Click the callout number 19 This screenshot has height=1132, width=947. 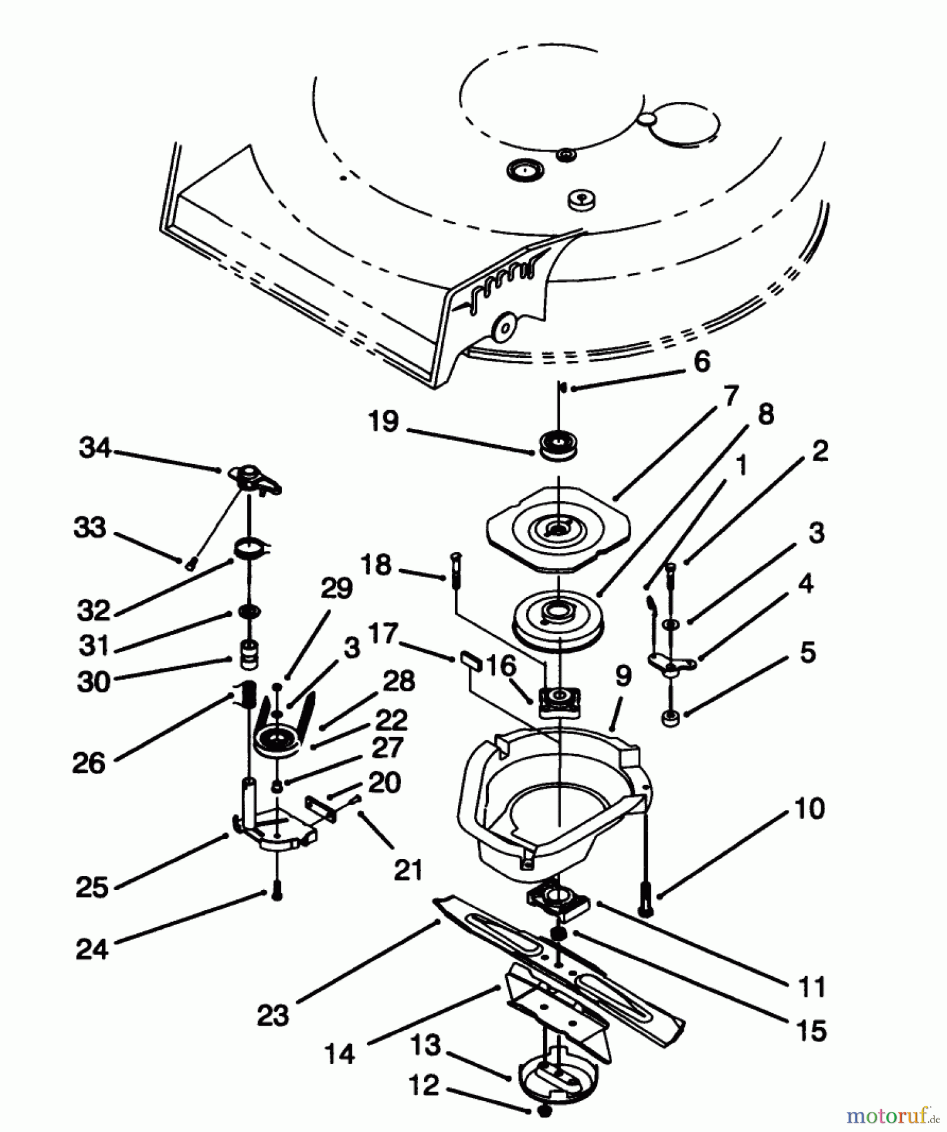383,421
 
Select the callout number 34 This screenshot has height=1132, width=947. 95,448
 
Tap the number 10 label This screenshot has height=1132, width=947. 809,809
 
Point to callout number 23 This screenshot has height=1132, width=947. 273,1015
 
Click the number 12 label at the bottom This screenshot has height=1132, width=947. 424,1086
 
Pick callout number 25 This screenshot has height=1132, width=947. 92,887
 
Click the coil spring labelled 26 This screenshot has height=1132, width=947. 246,696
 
